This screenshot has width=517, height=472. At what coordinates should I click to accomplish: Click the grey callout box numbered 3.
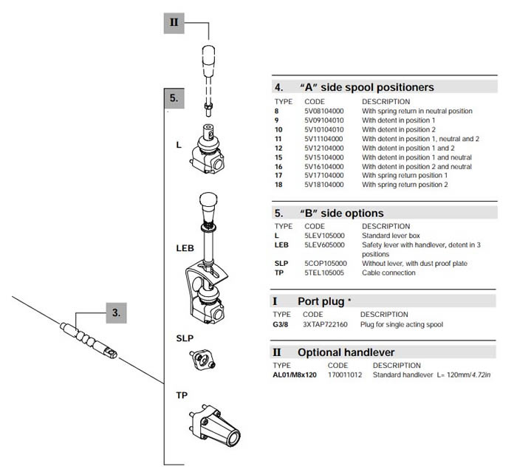116,312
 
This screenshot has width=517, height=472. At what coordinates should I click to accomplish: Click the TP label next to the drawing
182,395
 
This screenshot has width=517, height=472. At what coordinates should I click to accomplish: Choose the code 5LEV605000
326,244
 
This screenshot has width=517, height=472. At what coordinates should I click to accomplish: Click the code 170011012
344,374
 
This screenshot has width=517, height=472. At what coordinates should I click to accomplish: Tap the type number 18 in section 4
278,185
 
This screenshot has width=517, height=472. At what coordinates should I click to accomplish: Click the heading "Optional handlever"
346,352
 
